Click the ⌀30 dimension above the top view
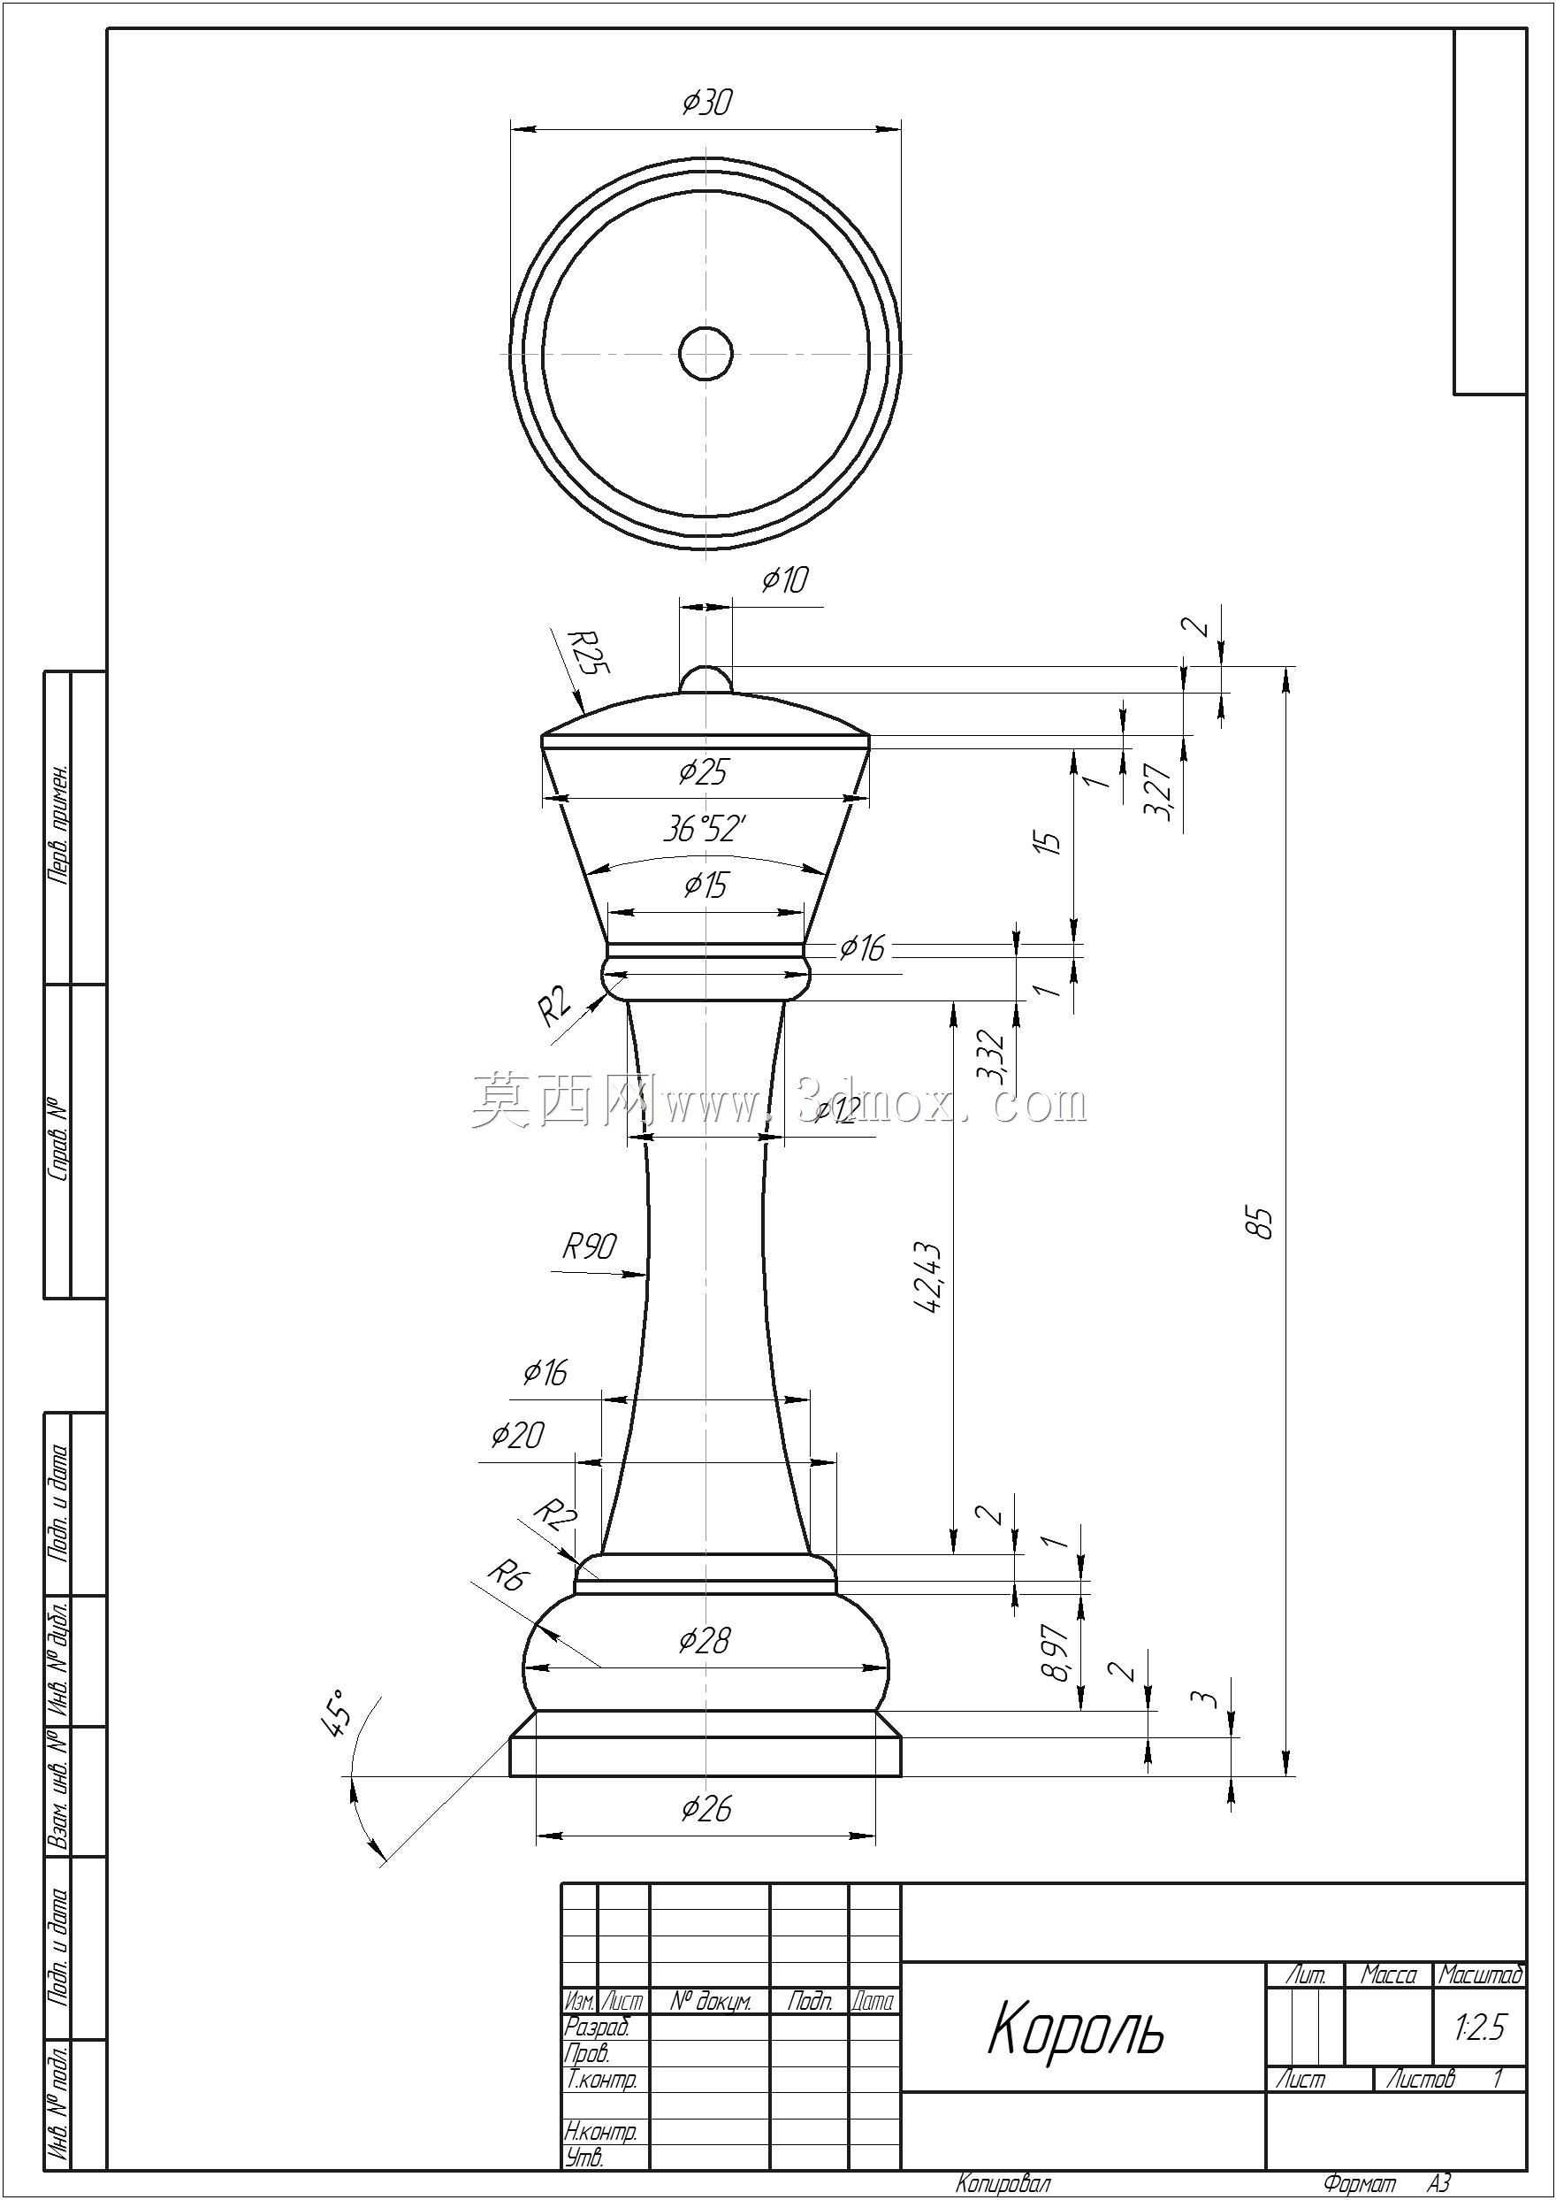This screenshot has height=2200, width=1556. [707, 103]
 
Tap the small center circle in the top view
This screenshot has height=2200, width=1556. [706, 354]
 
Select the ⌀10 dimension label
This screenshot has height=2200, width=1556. [786, 580]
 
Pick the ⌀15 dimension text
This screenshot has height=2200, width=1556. [706, 885]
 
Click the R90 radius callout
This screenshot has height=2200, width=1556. [590, 1246]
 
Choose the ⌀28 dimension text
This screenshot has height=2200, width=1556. [705, 1640]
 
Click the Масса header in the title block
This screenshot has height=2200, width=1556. [1388, 1974]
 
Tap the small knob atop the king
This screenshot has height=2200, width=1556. [706, 678]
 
